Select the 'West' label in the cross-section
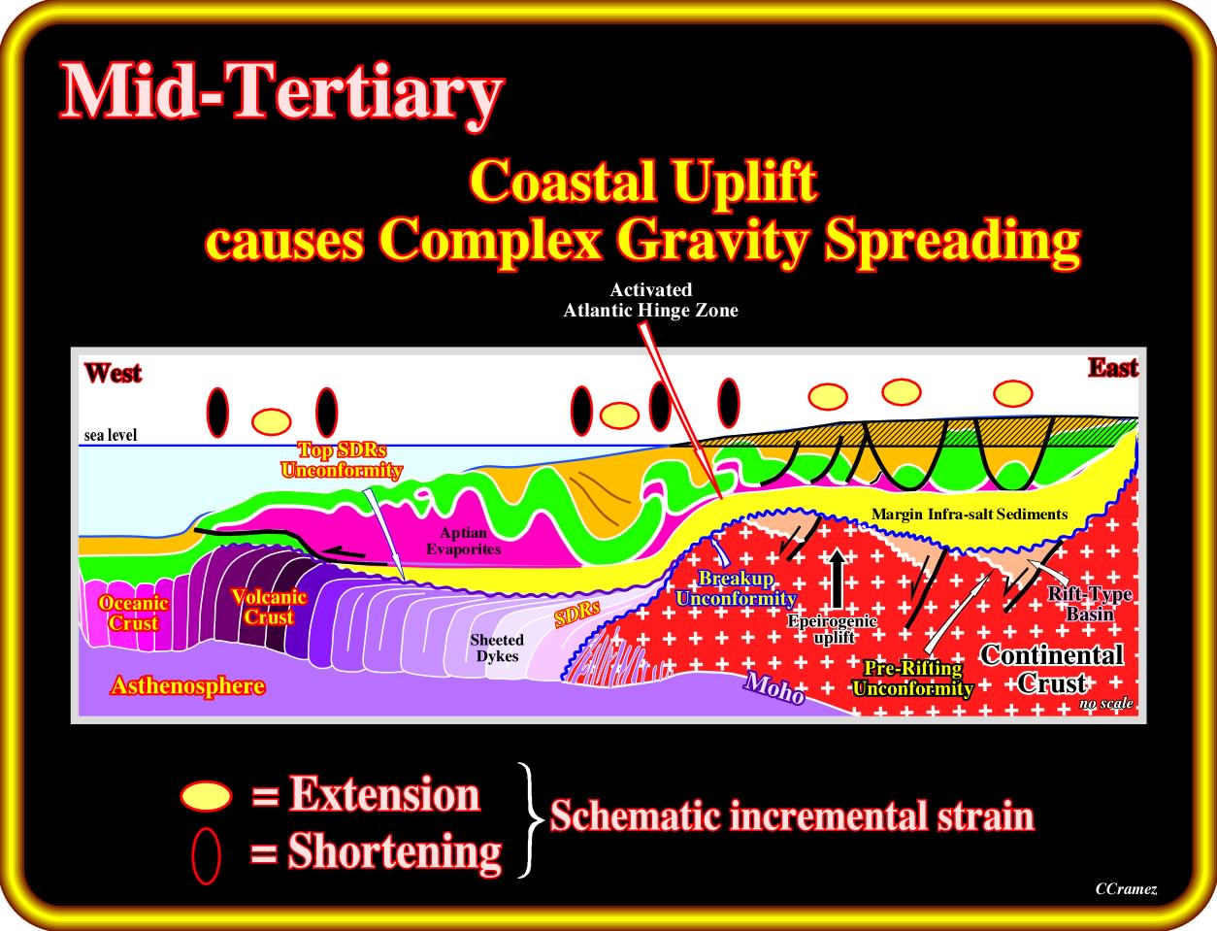(114, 373)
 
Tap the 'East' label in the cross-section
(1113, 368)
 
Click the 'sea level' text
(111, 435)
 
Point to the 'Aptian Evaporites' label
(464, 541)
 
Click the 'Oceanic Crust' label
(133, 613)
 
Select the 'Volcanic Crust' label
(269, 607)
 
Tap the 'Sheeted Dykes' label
(497, 648)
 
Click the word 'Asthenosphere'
(188, 686)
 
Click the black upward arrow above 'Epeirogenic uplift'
(837, 576)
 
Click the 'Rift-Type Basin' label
(1090, 604)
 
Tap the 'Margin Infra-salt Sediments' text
(970, 514)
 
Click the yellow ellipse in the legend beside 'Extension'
(205, 796)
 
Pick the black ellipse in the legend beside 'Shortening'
(207, 855)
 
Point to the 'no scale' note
(1105, 703)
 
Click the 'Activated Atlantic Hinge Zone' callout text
(651, 300)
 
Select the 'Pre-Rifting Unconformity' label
(912, 679)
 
